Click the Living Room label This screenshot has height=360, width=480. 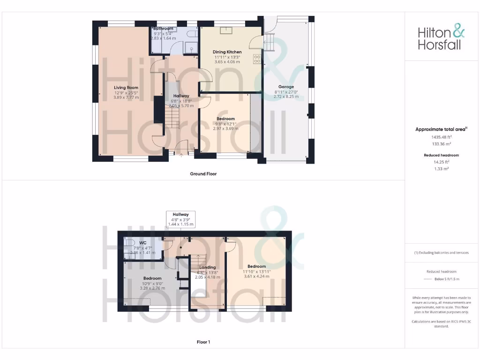pos(126,87)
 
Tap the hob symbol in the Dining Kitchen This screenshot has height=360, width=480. pos(257,59)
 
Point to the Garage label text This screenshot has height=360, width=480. pos(286,87)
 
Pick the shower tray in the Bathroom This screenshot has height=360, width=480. pos(191,47)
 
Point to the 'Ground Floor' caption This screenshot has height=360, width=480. pos(203,173)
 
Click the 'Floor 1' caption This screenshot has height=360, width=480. pos(203,342)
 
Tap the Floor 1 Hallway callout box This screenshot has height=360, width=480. pos(181,219)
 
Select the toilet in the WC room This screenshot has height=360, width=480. pos(128,248)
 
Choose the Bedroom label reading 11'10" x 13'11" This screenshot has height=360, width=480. pos(257,271)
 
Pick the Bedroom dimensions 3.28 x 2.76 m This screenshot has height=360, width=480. pos(152,288)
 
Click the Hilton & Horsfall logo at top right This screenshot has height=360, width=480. pos(442,38)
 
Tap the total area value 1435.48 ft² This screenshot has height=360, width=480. pos(441,137)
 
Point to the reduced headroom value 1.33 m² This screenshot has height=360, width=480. pos(441,168)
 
